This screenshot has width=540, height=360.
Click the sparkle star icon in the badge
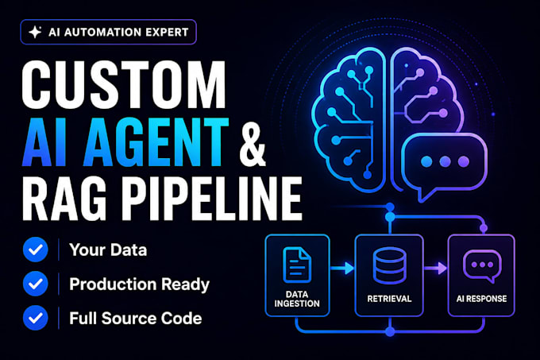pos(35,32)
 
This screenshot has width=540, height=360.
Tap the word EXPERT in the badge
pos(167,32)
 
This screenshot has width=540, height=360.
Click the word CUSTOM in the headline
pos(124,85)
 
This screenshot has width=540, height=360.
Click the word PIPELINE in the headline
pos(211,199)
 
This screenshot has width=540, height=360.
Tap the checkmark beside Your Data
pos(36,250)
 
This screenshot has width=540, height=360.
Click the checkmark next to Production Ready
pos(36,284)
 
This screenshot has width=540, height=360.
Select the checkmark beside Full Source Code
pos(36,318)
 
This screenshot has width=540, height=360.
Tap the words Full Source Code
pos(136,318)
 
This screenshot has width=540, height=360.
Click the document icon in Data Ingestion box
pos(297,265)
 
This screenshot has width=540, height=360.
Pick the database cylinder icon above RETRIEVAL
pos(389,265)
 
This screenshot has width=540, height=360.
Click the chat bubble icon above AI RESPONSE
pos(482,266)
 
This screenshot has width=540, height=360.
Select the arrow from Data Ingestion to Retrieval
pos(341,268)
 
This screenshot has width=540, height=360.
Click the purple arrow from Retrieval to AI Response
pos(435,268)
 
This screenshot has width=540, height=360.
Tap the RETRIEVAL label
pos(389,299)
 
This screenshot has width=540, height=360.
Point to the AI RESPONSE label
pos(482,299)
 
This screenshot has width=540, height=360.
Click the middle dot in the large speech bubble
pos(445,161)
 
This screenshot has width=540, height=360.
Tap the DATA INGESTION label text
pos(297,299)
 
